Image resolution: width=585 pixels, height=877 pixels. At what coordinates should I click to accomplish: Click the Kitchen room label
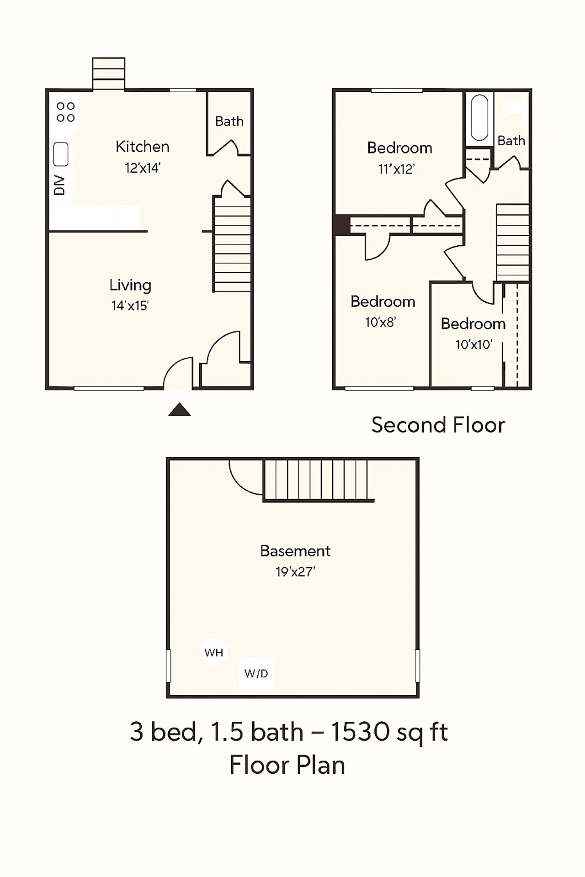142,147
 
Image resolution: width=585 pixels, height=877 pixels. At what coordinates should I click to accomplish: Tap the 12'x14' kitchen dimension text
142,168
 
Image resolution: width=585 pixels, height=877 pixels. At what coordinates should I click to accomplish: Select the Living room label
130,285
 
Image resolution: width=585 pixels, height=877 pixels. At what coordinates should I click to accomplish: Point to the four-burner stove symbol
65,112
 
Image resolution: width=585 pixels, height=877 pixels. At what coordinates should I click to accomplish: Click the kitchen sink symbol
61,154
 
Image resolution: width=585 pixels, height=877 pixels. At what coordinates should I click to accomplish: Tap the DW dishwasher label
59,185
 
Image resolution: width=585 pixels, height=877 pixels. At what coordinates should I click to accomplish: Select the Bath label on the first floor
229,121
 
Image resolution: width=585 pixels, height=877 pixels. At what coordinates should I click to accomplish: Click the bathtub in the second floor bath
479,117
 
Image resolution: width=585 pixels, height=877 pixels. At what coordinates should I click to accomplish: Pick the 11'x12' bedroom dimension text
396,169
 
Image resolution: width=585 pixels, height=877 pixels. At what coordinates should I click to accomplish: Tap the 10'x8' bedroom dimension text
380,322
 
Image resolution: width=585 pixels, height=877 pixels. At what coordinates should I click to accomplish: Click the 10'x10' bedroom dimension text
473,344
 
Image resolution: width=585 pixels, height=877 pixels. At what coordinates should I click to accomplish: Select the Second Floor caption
438,425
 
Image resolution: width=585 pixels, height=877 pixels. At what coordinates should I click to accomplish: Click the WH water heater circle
213,652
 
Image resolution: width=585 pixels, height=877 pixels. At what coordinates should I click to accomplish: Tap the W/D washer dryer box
256,673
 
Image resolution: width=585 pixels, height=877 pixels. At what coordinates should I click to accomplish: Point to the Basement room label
295,551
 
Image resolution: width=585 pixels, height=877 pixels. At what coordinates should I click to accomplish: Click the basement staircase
315,480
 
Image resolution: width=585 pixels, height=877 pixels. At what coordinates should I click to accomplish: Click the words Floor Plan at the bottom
287,765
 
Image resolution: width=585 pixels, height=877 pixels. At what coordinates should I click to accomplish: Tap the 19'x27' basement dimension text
295,572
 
